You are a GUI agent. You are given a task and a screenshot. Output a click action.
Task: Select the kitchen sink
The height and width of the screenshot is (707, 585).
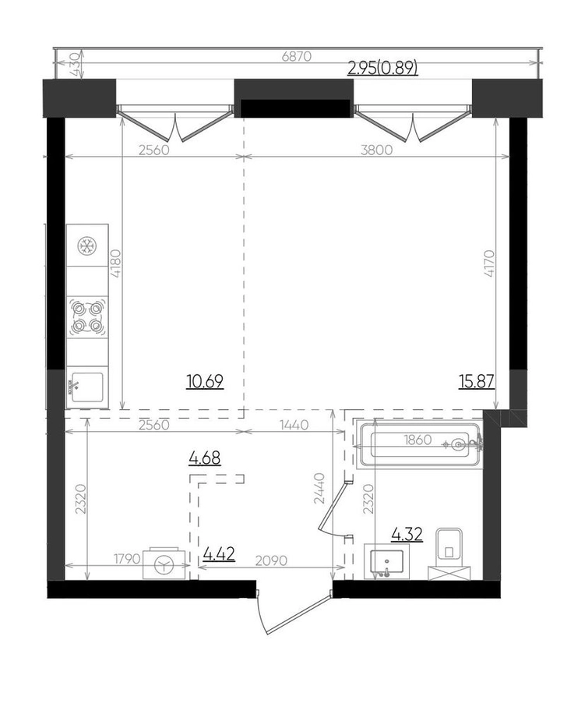coord(87,387)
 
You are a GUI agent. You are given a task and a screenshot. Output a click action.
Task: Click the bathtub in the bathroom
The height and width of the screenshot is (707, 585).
coord(419,444)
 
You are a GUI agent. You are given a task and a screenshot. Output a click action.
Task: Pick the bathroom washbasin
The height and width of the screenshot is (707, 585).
coord(386,561)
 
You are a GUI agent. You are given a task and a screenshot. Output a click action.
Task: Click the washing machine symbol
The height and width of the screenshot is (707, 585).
coord(165,564)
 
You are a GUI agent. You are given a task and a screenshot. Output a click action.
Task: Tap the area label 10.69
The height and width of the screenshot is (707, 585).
coord(205,382)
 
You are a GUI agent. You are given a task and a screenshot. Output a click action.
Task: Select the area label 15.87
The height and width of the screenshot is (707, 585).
coord(477,382)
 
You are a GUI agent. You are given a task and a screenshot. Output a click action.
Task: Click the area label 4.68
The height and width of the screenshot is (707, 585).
coord(205,458)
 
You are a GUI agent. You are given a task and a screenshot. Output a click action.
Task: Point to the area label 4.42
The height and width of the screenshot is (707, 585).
coord(219,554)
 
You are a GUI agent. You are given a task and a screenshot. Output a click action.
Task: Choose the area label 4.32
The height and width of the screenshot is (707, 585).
coord(407,535)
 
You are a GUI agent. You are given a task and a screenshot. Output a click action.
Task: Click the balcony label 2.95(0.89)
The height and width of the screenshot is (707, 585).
coord(383,68)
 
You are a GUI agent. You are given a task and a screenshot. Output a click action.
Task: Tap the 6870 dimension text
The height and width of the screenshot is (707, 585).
coord(296,57)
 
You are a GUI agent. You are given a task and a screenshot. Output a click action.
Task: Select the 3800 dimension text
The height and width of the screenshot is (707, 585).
coord(376,150)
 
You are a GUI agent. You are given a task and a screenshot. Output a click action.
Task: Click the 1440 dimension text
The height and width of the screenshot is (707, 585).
coord(294,425)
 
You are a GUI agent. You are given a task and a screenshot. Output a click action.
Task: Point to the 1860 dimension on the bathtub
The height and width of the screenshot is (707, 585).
coord(418,440)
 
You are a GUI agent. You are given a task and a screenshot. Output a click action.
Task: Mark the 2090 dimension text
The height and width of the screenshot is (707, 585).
coord(271,560)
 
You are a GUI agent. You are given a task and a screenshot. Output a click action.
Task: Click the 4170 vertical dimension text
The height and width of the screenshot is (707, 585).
coord(489,263)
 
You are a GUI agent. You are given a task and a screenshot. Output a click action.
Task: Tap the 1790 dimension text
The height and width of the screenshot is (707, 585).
coord(127,560)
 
